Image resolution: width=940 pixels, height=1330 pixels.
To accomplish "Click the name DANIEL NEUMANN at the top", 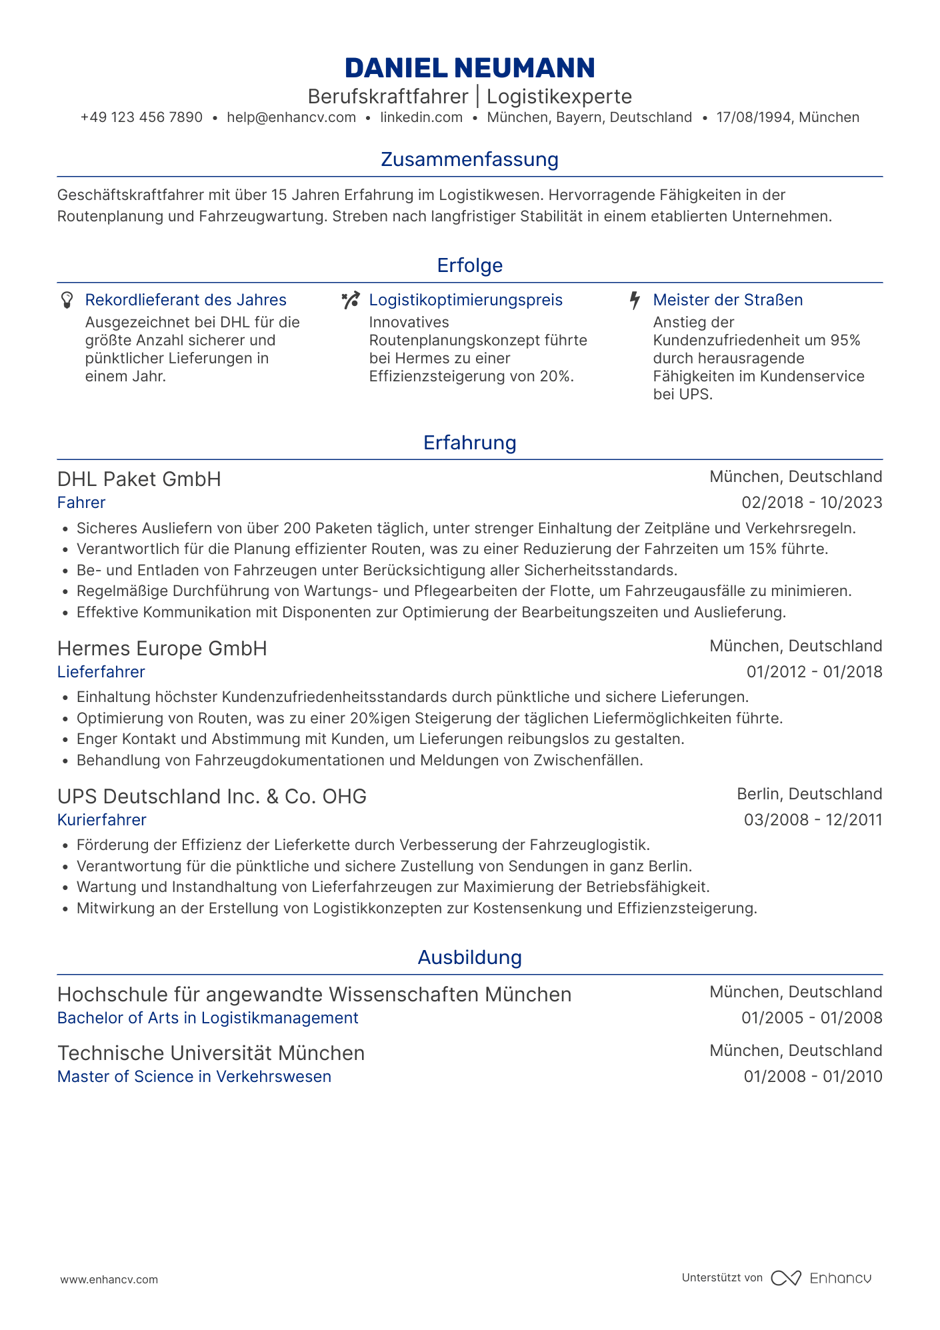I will tap(470, 68).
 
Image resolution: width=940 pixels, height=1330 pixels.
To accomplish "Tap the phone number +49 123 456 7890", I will tap(141, 118).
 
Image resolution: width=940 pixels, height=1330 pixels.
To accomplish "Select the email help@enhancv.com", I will tap(291, 118).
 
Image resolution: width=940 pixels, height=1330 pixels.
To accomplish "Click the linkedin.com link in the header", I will tap(421, 118).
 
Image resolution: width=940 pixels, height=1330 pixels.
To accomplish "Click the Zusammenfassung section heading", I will tap(470, 159).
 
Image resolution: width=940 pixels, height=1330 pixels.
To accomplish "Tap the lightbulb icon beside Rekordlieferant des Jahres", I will tap(67, 300).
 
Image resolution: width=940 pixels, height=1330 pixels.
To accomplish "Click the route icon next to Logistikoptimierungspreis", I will tap(351, 300).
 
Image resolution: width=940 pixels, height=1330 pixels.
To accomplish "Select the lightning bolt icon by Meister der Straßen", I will tap(635, 300).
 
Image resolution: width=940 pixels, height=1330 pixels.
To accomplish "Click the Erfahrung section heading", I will tap(470, 443).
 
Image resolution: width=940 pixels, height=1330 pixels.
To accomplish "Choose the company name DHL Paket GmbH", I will tap(139, 479).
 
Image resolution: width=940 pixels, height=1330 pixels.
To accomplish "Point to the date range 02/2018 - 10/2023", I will tap(812, 503).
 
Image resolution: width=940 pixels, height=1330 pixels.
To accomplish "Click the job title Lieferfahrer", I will tap(101, 672).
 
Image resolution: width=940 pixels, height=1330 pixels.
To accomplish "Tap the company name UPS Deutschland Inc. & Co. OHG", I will tap(212, 797).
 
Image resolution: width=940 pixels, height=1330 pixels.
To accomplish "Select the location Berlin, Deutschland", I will tap(809, 794).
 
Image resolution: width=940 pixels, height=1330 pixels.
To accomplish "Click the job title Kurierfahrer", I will tap(102, 820).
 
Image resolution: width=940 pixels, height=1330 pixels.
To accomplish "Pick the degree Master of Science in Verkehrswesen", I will tap(194, 1077).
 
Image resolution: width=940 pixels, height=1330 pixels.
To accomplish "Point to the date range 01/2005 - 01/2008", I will tap(812, 1018).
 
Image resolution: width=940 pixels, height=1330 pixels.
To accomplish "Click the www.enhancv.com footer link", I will tap(109, 1279).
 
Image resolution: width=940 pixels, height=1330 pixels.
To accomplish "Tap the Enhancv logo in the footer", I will tap(821, 1278).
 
